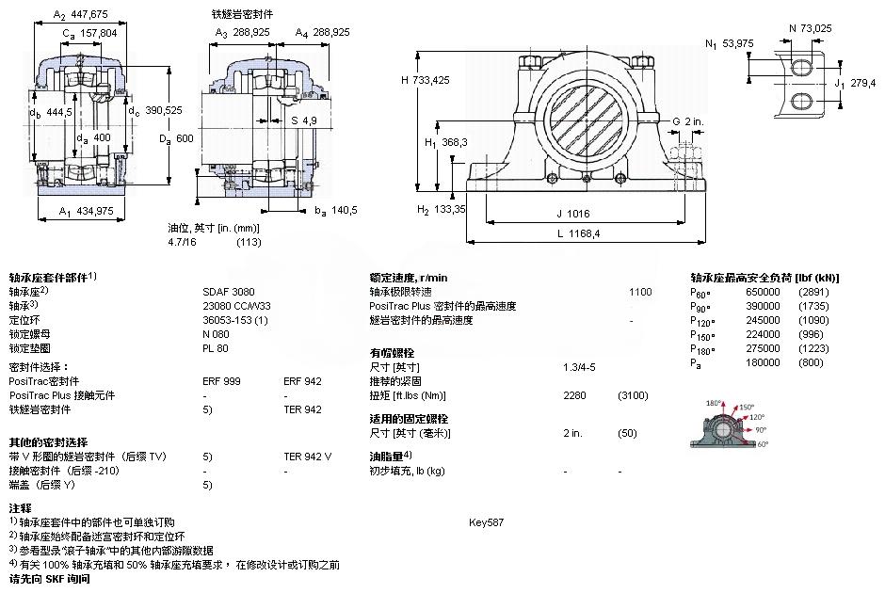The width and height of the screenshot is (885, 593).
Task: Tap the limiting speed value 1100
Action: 639,292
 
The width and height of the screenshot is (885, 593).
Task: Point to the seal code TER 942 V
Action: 308,457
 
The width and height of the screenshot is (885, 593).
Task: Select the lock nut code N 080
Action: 217,334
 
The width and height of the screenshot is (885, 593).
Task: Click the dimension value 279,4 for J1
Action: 861,83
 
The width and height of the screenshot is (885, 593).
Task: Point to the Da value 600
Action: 184,138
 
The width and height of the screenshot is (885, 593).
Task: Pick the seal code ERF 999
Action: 221,381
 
